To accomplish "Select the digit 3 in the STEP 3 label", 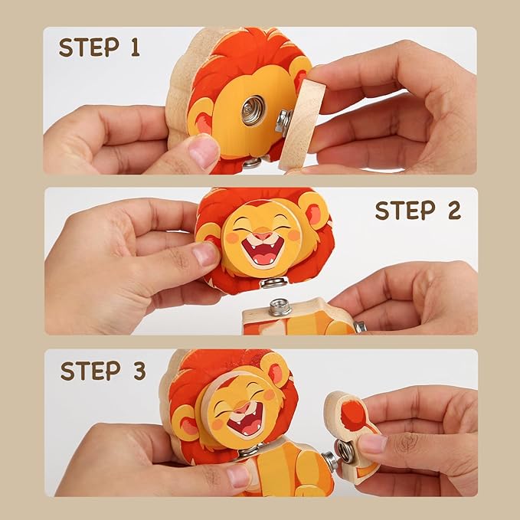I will pos(138,371).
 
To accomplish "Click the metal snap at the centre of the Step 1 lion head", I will pos(253,110).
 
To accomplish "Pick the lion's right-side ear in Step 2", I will pos(315,210).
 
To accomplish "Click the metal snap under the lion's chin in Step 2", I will pos(272,284).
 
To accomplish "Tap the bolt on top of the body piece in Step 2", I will pos(279,308).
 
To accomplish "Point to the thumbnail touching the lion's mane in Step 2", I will pos(204,253).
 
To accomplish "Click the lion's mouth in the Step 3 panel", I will pos(247,419).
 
